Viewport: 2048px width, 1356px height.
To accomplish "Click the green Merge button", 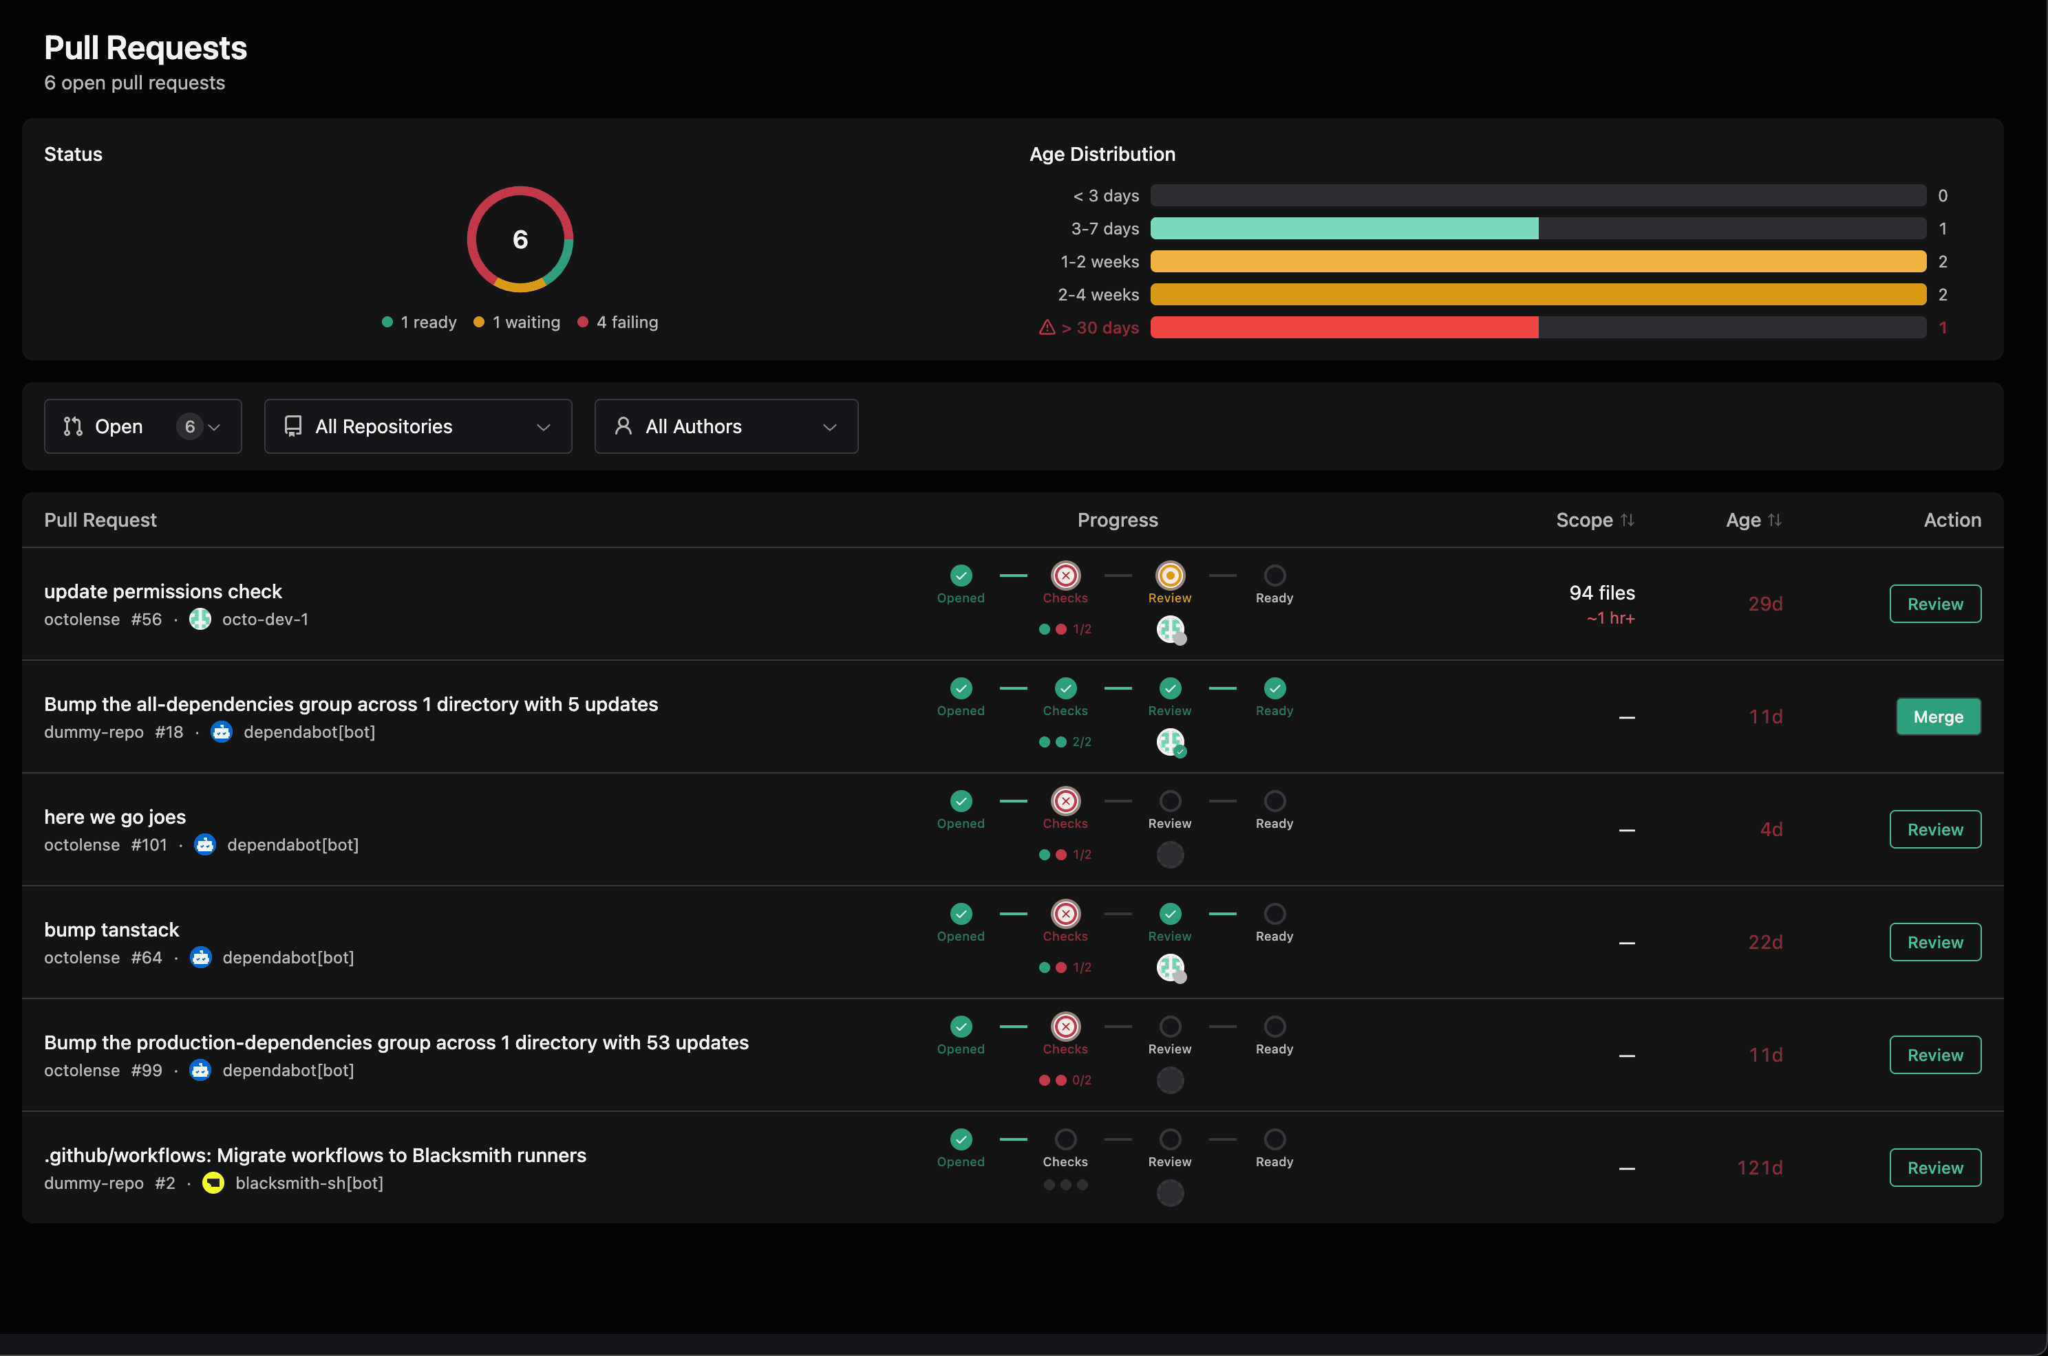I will (1937, 717).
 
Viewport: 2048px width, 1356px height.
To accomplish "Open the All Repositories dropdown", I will (417, 426).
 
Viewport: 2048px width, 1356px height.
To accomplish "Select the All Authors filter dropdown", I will (725, 426).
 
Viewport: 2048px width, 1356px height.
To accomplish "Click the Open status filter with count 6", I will (142, 426).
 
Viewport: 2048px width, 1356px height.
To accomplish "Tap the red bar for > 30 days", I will (1344, 328).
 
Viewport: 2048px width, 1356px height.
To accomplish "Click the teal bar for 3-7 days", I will (1344, 229).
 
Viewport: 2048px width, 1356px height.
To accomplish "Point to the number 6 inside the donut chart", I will (520, 239).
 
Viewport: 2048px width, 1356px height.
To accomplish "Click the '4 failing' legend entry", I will (618, 322).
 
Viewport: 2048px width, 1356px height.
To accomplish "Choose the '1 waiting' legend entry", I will (518, 322).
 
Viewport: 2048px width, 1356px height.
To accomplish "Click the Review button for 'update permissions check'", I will (1934, 604).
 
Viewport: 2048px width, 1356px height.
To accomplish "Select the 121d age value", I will (1759, 1168).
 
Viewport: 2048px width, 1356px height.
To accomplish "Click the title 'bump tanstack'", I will (111, 930).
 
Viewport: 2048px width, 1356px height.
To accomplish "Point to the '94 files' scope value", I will (1601, 592).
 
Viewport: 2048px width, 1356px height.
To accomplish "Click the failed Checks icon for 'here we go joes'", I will (1065, 801).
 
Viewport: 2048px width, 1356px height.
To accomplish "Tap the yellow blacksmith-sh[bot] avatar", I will (213, 1182).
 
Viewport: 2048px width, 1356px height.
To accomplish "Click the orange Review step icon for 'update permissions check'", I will (1170, 575).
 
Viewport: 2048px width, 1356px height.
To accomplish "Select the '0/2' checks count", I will (1082, 1080).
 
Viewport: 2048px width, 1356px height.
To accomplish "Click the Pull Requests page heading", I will (145, 48).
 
